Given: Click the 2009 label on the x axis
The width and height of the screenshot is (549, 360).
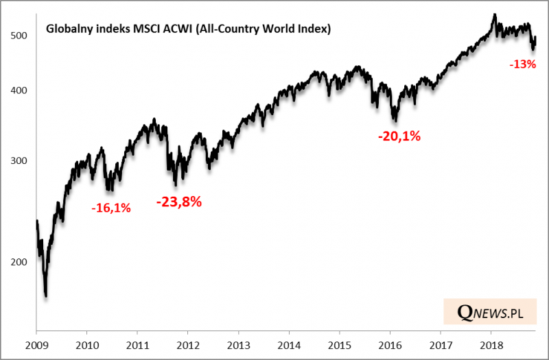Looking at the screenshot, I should tap(36, 345).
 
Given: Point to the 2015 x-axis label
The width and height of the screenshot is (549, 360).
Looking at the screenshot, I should tap(340, 345).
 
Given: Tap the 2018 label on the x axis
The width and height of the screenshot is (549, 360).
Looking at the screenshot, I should tap(491, 345).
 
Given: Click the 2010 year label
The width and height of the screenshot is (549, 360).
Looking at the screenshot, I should tap(87, 345).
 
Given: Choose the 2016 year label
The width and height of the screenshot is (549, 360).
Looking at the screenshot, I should tap(390, 345).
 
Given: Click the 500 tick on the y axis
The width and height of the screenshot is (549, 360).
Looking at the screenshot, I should tap(21, 35).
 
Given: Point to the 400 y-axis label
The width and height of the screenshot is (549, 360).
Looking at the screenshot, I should tap(21, 91).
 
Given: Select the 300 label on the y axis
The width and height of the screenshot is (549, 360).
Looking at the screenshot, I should tap(21, 161).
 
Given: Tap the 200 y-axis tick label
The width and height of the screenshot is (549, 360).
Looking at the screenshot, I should tap(21, 262).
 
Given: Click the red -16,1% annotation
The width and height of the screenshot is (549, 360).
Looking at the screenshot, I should tap(110, 207).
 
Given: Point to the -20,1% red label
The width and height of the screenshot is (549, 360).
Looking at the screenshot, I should tap(399, 136).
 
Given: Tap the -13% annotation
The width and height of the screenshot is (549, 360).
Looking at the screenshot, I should tap(523, 64).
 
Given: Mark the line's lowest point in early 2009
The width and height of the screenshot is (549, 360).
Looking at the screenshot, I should tap(46, 296).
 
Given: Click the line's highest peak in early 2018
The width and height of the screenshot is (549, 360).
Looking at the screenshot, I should tap(493, 14).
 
